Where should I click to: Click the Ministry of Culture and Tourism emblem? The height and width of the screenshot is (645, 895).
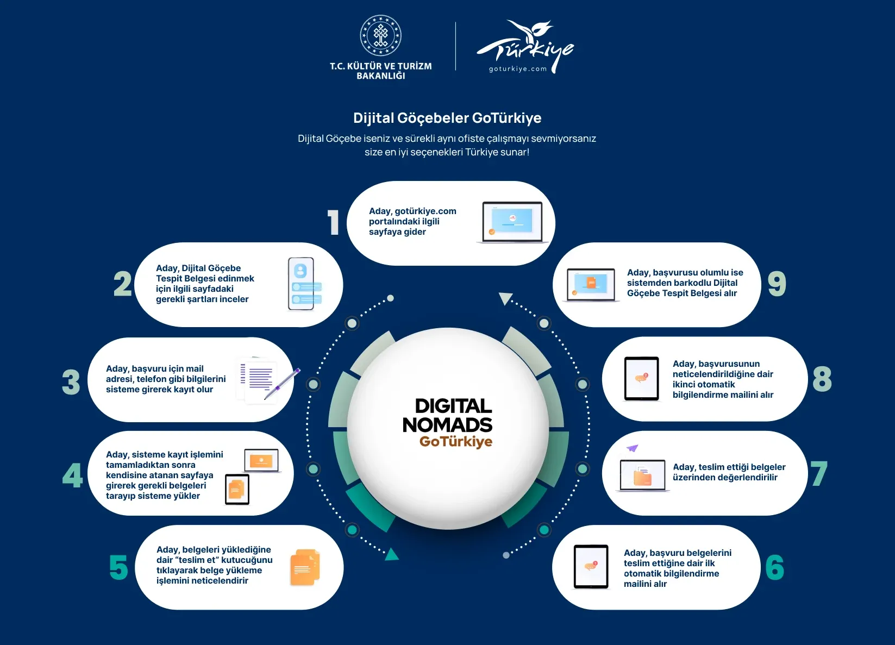tap(380, 35)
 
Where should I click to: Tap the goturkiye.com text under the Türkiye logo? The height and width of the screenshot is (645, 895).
tap(518, 68)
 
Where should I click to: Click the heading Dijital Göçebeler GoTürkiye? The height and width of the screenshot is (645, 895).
tap(447, 118)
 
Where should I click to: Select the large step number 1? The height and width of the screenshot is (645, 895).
tap(333, 222)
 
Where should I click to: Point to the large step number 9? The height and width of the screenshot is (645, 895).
tap(777, 284)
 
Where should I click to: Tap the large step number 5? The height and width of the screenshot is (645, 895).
tap(118, 567)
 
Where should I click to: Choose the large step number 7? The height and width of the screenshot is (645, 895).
tap(819, 473)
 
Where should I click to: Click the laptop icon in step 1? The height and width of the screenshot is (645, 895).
tap(512, 223)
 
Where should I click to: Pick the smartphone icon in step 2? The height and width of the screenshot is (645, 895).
tap(304, 284)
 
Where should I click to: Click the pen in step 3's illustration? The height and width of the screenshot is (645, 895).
tap(282, 384)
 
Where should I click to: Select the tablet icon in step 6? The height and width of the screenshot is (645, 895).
tap(591, 567)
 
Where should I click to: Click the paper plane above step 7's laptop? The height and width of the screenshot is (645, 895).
tap(632, 448)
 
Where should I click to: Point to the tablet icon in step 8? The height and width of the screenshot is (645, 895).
tap(641, 378)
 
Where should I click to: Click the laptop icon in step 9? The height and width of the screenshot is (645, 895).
tap(591, 285)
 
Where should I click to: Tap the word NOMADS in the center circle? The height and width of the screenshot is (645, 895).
tap(448, 424)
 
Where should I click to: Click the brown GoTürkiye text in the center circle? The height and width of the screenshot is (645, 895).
tap(456, 442)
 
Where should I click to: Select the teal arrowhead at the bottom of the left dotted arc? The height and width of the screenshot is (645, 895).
tap(391, 554)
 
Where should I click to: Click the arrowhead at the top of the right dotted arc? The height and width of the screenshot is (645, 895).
tap(505, 298)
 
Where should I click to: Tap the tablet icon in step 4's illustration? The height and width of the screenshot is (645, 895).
tap(237, 489)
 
